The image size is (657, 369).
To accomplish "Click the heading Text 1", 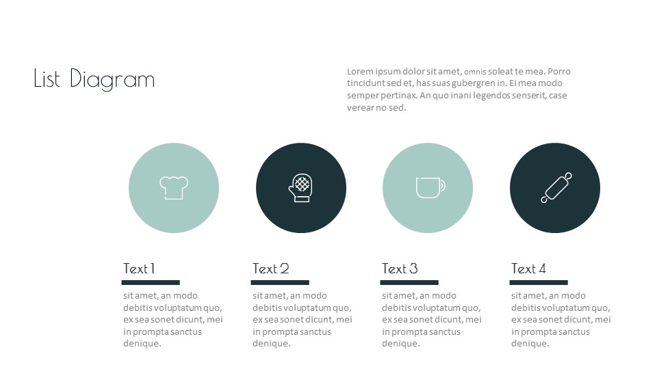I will click(139, 269).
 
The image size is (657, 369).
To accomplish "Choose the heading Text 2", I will click(271, 269).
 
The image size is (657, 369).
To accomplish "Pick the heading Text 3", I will click(400, 269).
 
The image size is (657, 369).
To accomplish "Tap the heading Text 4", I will click(528, 269).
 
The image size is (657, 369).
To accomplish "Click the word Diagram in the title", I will click(112, 79).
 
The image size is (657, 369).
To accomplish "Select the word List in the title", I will click(48, 79).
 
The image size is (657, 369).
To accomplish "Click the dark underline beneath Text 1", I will click(151, 282).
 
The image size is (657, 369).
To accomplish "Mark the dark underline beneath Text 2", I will click(280, 282).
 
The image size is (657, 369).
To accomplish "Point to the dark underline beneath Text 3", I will click(409, 282).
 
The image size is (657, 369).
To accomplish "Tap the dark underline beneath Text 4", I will click(539, 282).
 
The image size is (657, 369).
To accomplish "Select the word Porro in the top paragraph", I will click(559, 72).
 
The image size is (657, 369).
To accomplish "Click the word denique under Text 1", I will click(142, 344).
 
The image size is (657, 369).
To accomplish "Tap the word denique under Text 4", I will click(530, 344).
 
